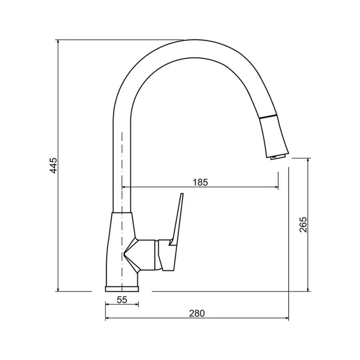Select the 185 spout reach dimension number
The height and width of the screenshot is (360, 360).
pos(200,182)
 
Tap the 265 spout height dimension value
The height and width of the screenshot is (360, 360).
pos(303,224)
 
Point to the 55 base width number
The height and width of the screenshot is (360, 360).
pos(122,300)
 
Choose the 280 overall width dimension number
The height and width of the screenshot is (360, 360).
pos(197,313)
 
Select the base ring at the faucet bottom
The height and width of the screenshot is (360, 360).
pos(122,289)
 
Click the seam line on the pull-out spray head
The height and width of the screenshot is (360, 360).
pos(268,117)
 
